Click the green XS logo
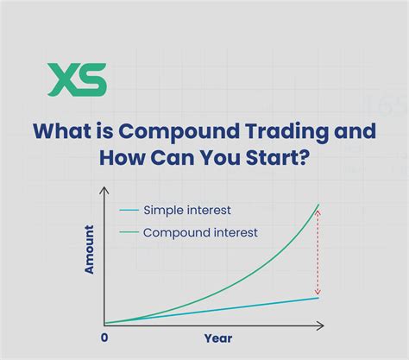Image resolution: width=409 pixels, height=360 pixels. [x=78, y=79]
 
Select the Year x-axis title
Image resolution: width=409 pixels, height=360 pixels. [x=217, y=338]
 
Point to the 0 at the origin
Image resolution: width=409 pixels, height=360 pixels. [x=104, y=338]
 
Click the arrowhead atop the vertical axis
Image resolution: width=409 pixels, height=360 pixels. [x=104, y=190]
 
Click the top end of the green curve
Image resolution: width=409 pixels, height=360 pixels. [x=320, y=205]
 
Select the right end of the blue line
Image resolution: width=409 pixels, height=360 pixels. [x=320, y=298]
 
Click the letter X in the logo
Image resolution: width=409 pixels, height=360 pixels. [x=64, y=79]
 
